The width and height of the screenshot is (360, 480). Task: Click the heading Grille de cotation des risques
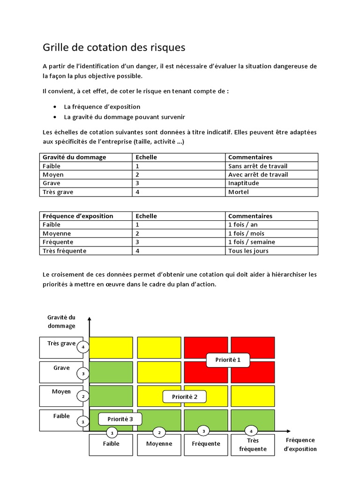[114, 47]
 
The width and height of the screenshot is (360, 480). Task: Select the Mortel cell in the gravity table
[238, 192]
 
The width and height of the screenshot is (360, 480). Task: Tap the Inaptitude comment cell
[243, 183]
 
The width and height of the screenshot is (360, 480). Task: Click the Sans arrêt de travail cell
[257, 166]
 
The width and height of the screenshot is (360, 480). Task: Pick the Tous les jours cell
[248, 251]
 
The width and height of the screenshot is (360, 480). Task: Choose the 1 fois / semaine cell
[251, 242]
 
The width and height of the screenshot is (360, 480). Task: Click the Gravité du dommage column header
[74, 157]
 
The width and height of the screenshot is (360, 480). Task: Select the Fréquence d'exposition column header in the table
[78, 216]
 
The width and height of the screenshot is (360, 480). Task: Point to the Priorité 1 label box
[228, 360]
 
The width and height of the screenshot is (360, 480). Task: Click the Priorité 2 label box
[185, 397]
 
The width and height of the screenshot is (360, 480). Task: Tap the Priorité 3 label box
[120, 419]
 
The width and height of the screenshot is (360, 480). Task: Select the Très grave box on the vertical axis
[61, 347]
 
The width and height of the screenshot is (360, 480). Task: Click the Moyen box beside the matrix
[61, 395]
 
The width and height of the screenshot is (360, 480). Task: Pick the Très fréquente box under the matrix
[253, 445]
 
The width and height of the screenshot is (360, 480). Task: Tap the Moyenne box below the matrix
[159, 444]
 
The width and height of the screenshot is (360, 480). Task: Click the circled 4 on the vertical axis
[83, 347]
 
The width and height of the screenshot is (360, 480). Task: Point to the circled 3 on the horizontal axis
[203, 430]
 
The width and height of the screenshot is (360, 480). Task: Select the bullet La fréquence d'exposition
[102, 107]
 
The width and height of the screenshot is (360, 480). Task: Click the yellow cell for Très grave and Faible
[111, 347]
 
